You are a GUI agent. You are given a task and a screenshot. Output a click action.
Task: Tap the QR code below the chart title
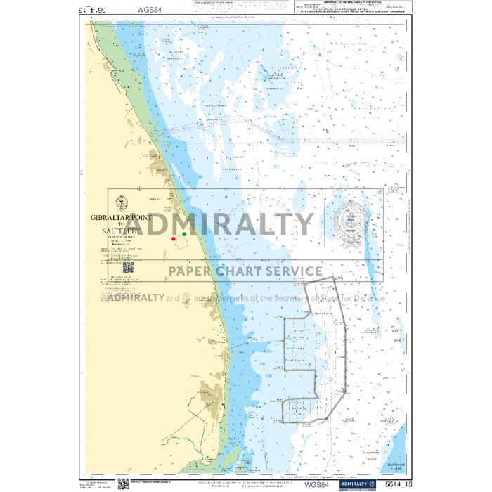tap(128, 267)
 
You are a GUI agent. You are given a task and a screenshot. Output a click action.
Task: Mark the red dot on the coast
tap(174, 239)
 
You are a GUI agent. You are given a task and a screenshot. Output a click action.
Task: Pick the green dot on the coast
tap(184, 233)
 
